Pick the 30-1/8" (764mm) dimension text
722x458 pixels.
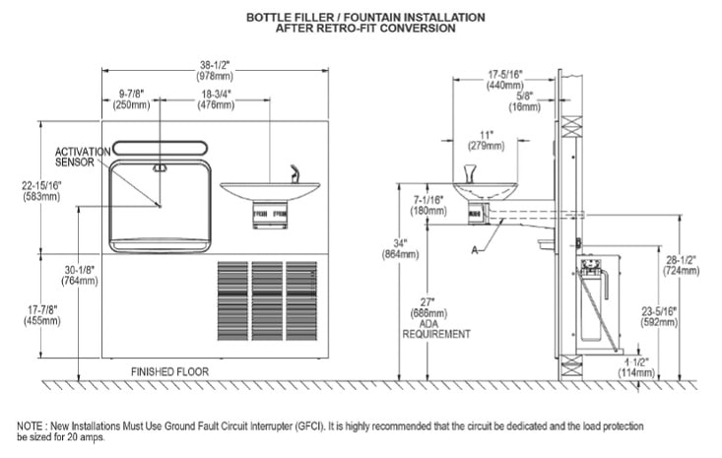coord(81,275)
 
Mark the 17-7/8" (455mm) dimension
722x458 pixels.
coord(40,314)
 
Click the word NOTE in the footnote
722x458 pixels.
coord(29,426)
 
